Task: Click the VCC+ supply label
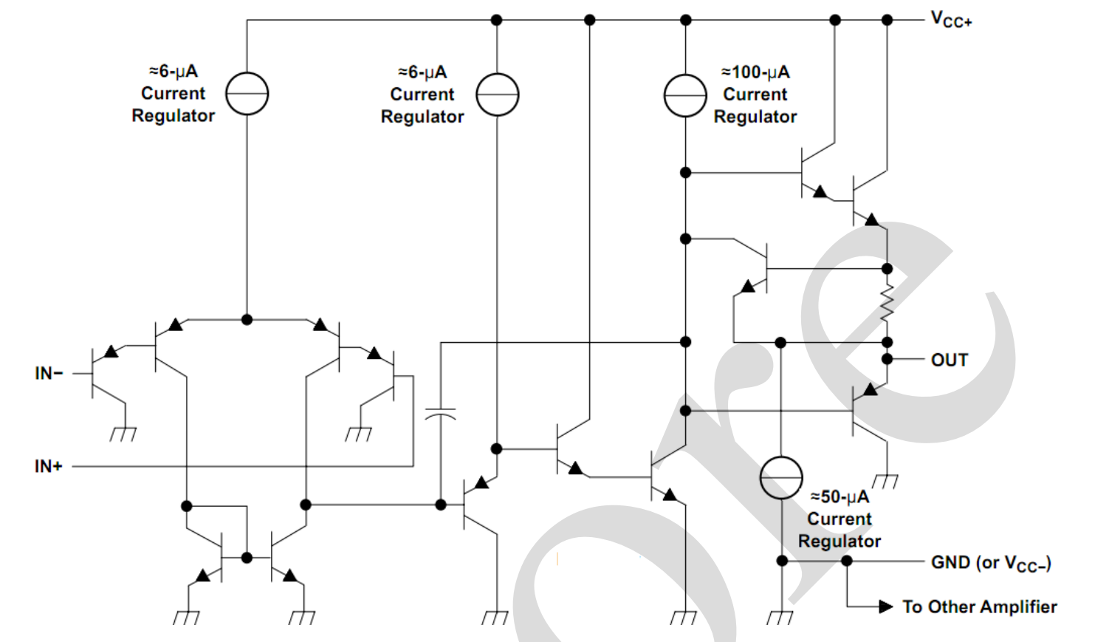951,20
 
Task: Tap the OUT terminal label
949,360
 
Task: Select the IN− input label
49,373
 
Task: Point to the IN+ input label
49,466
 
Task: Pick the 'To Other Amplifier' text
979,607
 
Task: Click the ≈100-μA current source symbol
685,95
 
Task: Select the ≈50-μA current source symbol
781,477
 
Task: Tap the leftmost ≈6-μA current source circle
247,94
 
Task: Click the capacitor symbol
441,413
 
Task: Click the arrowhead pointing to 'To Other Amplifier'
886,607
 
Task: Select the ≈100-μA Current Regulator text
755,95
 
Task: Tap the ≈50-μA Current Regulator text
840,519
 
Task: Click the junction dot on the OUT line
887,359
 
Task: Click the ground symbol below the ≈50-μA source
780,617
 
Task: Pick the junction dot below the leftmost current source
247,319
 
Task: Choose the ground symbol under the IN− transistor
123,434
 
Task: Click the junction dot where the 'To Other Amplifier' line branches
847,561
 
